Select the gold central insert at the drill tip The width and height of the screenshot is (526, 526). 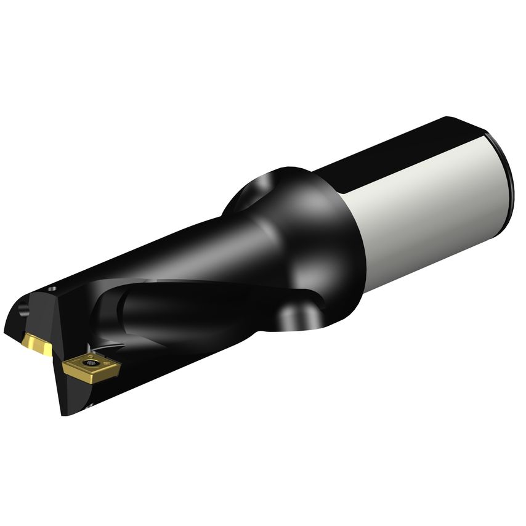(36, 343)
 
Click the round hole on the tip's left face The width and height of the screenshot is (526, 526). (25, 306)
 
